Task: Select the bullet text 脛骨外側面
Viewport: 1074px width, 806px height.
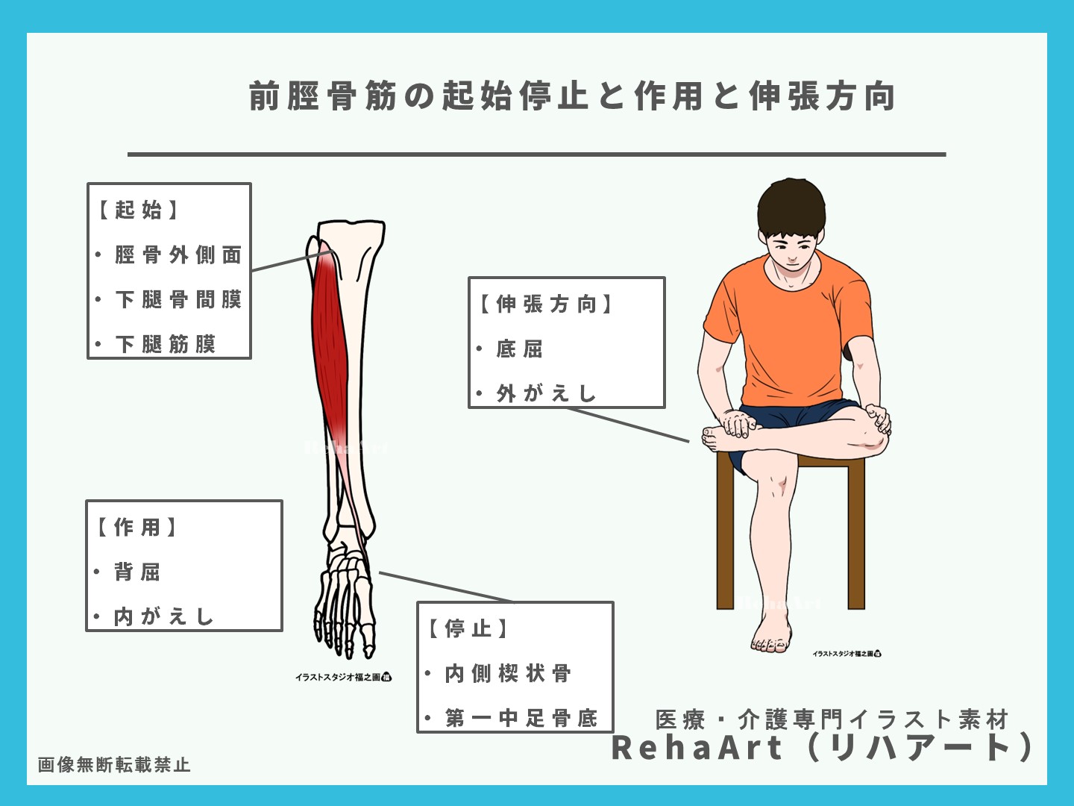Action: click(178, 255)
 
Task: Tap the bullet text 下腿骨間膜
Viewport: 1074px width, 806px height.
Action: click(178, 300)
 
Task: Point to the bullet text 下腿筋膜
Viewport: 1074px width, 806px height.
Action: click(165, 344)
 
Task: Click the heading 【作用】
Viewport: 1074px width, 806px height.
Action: click(137, 528)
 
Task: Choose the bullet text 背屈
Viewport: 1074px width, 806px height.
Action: click(136, 572)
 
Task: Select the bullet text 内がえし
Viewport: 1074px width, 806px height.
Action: click(163, 616)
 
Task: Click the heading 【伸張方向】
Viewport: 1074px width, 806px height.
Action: click(545, 304)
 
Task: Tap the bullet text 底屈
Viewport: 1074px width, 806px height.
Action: click(519, 349)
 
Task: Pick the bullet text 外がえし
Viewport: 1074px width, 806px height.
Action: click(546, 393)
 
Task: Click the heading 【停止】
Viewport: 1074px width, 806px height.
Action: click(468, 629)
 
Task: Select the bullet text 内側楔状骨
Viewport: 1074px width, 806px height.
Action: click(507, 674)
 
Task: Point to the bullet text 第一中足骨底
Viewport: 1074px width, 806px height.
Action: click(521, 718)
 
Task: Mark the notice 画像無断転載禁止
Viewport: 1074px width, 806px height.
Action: click(114, 765)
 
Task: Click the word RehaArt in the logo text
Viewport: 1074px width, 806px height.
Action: click(697, 749)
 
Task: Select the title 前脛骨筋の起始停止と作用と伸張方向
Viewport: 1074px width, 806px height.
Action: click(572, 96)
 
